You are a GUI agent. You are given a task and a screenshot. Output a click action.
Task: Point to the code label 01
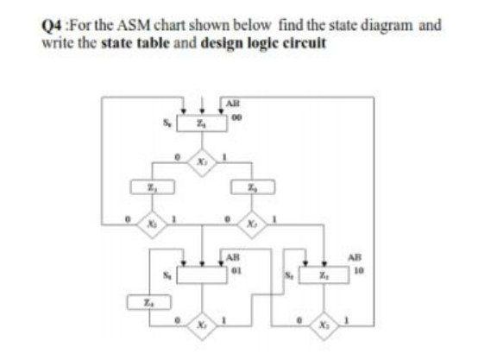233,267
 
